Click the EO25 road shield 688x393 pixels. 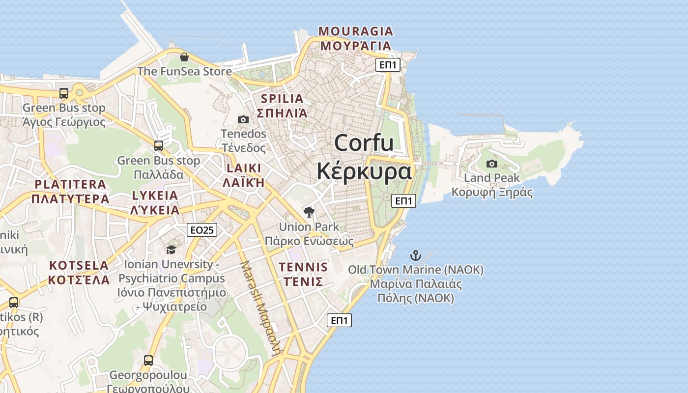click(202, 230)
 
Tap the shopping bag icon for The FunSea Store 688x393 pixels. click(184, 57)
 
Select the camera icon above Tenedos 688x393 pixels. click(243, 119)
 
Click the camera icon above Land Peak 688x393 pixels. click(491, 164)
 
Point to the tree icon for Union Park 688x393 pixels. click(309, 212)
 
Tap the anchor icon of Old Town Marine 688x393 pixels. click(416, 255)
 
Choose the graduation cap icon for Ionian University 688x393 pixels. click(171, 250)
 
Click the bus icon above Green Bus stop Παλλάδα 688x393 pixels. click(158, 146)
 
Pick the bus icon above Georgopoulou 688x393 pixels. click(148, 361)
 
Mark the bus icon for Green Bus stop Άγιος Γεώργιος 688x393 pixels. click(64, 93)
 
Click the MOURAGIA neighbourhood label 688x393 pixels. click(356, 31)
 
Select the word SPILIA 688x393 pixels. click(282, 98)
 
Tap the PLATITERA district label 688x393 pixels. click(70, 185)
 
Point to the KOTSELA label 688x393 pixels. click(79, 266)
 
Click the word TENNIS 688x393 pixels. click(303, 267)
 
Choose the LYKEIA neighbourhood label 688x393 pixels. click(155, 196)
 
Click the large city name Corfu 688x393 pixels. click(364, 143)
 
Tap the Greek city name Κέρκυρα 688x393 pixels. click(364, 171)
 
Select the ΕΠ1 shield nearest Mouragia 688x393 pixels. click(388, 64)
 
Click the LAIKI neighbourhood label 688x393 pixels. click(244, 168)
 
